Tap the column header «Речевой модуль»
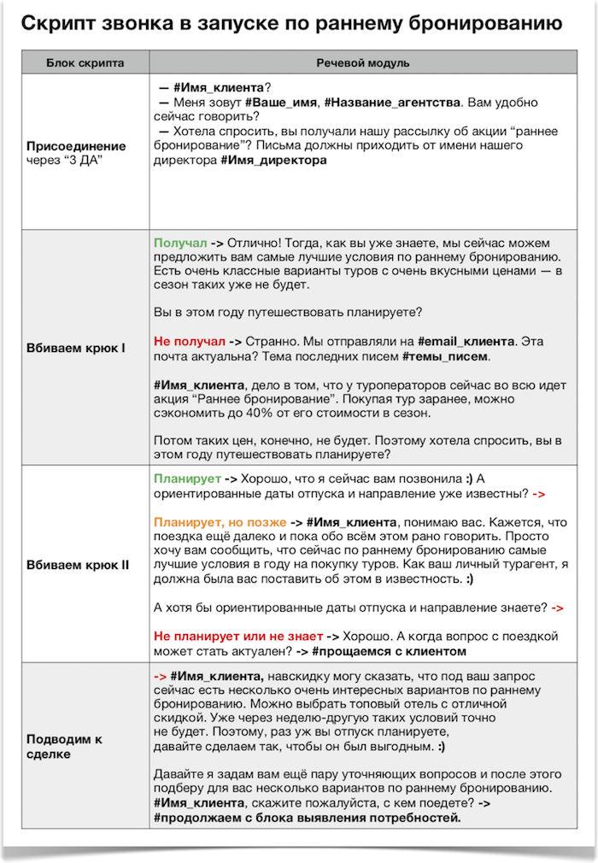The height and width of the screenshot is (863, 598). tap(362, 63)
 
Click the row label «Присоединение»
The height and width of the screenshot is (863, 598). tap(76, 146)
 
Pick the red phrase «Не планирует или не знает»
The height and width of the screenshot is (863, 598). tap(238, 636)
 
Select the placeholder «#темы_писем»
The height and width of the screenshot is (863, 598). tap(446, 355)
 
